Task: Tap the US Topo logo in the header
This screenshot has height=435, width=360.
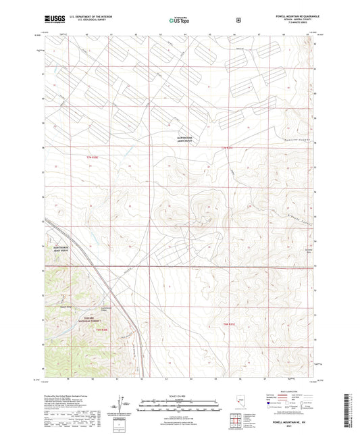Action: [x=179, y=20]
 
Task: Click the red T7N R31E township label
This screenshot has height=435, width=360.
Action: [x=226, y=147]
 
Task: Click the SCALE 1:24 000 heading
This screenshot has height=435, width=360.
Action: [x=179, y=395]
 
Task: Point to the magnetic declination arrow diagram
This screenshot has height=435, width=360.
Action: [x=122, y=405]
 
